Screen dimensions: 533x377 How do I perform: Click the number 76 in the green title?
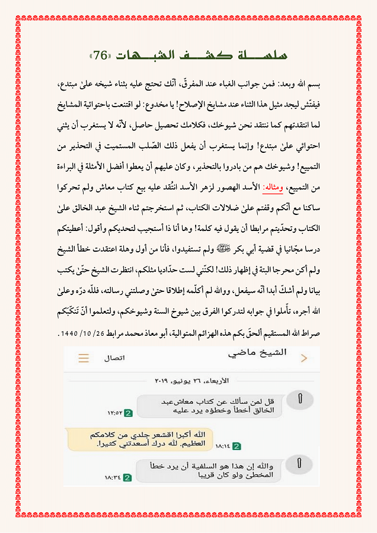pos(101,56)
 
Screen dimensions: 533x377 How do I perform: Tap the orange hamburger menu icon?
pos(84,358)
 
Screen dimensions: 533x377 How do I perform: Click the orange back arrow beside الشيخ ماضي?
pos(304,358)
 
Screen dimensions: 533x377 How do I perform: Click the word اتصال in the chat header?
pos(114,358)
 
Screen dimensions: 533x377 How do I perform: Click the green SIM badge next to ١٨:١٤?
pos(237,445)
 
